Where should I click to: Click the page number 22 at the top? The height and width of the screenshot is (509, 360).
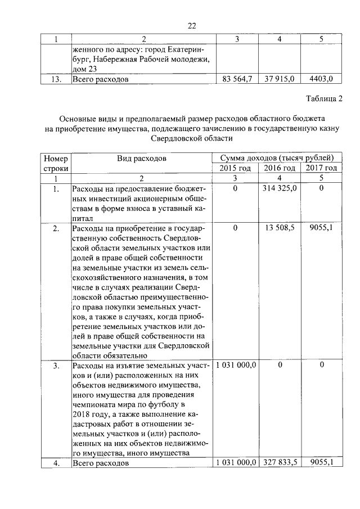pos(191,26)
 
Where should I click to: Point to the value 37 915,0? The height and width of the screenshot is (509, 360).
pos(280,79)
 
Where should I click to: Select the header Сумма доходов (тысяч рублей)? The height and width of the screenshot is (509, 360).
pos(278,158)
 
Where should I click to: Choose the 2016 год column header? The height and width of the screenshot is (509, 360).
pos(280,168)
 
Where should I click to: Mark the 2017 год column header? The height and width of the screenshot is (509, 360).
pos(321,168)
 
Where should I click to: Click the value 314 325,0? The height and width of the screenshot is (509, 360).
pos(280,189)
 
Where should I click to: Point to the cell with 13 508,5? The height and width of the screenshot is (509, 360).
pos(280,228)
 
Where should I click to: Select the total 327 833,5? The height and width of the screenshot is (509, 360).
pos(280,463)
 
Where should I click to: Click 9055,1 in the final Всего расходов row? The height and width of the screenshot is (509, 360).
pos(321,463)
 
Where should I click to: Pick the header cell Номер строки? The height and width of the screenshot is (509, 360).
pos(55,163)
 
